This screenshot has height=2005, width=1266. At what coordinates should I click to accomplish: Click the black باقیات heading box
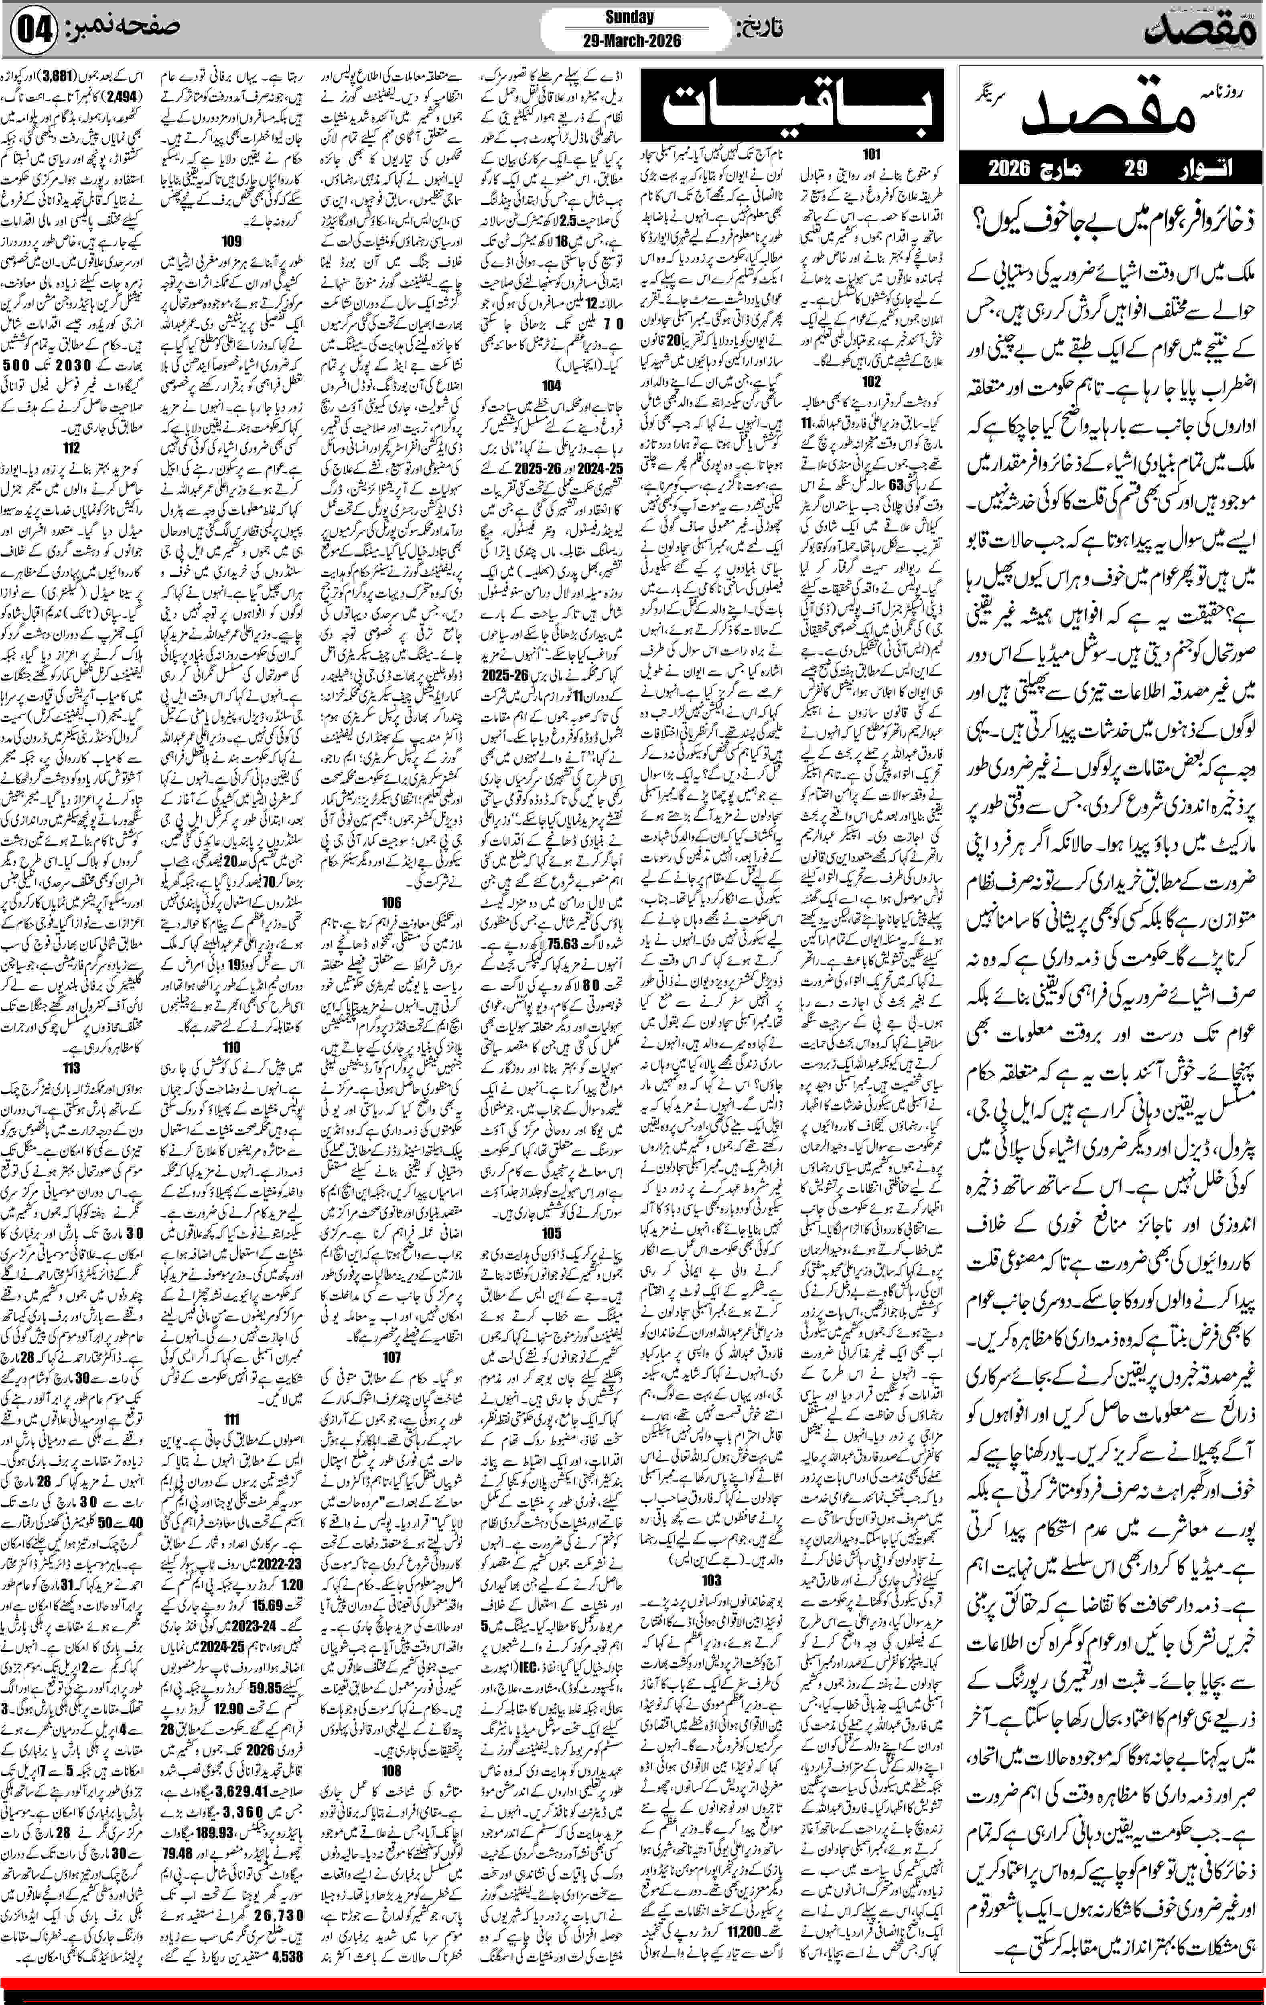tap(791, 105)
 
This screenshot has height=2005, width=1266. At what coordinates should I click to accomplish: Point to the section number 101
tap(871, 154)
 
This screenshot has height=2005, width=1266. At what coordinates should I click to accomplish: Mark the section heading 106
tap(392, 902)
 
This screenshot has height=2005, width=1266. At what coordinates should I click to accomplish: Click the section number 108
tap(392, 1764)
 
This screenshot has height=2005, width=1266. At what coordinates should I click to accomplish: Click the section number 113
tap(72, 1068)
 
